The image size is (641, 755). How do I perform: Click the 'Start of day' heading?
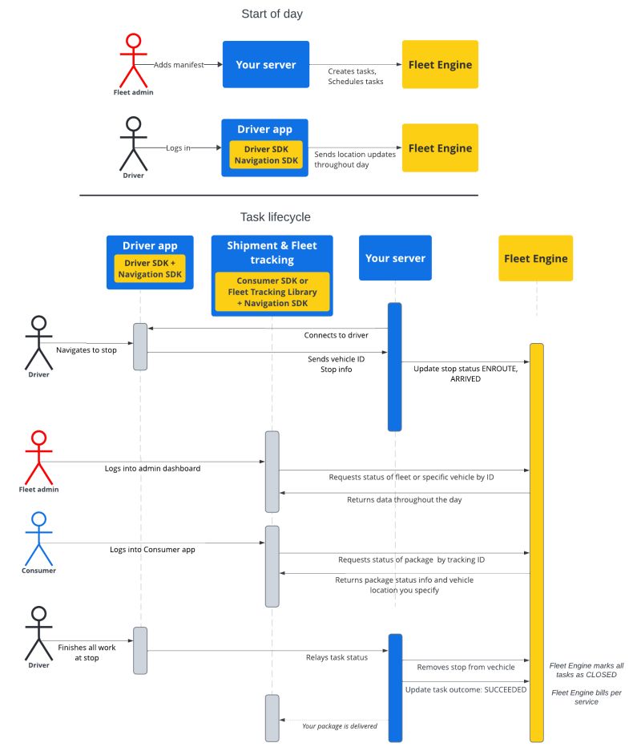point(272,14)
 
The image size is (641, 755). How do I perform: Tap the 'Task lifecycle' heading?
point(275,217)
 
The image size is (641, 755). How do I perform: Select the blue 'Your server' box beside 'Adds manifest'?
point(265,64)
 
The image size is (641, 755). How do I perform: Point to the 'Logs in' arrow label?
point(178,148)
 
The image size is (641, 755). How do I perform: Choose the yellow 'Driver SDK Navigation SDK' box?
point(264,155)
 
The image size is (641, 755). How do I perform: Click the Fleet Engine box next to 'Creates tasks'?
point(440,64)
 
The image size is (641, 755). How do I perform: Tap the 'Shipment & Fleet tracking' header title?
point(272,252)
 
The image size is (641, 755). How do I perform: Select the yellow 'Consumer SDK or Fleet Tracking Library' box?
point(272,292)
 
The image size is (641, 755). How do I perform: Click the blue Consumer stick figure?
point(38,539)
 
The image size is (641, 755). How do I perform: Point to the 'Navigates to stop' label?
point(88,350)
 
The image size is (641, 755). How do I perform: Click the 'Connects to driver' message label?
point(336,335)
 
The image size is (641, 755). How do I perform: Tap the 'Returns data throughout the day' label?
point(404,499)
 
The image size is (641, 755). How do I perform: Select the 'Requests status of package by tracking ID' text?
point(411,559)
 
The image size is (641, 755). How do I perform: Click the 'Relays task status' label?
point(337,657)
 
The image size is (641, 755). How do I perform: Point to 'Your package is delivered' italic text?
point(340,726)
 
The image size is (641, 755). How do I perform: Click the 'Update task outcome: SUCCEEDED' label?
point(466,689)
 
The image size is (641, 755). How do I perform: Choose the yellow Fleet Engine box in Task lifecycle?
point(535,258)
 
